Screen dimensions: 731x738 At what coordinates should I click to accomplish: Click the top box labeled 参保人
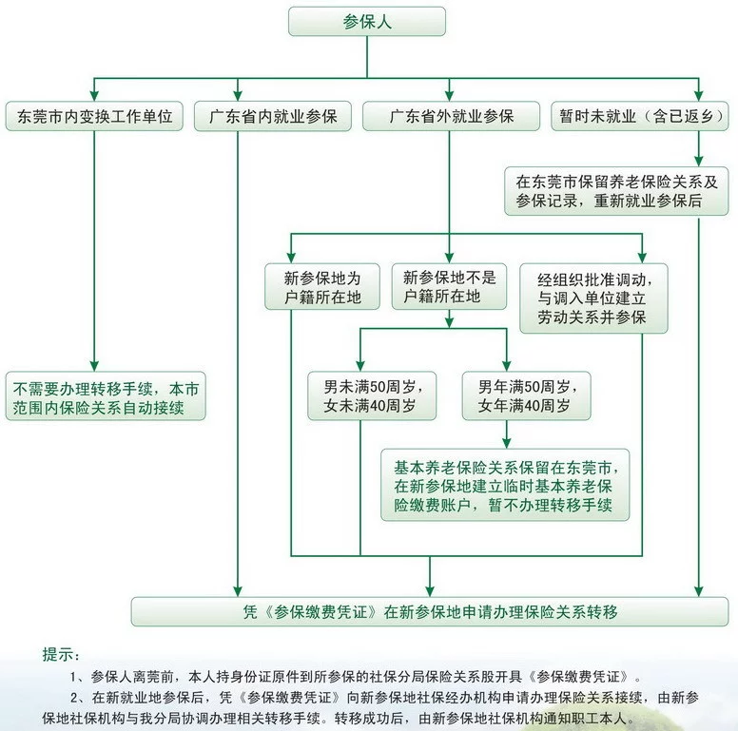tap(366, 21)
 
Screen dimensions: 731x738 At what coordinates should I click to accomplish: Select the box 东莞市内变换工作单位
tap(94, 116)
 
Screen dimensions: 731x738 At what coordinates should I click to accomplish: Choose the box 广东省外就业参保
tap(452, 116)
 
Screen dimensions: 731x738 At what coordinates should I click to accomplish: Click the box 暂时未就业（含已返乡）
tap(639, 116)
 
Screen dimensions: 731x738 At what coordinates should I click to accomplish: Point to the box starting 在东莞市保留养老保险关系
tap(616, 190)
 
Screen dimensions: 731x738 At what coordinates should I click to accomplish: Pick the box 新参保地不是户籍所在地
tap(449, 287)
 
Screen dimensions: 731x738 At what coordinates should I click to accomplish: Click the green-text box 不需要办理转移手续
tap(107, 397)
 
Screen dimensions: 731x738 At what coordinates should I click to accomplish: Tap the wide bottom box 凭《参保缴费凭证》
tap(431, 611)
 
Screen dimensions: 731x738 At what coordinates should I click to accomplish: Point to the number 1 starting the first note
tap(74, 677)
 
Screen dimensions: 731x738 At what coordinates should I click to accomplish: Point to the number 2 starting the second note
tap(74, 698)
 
